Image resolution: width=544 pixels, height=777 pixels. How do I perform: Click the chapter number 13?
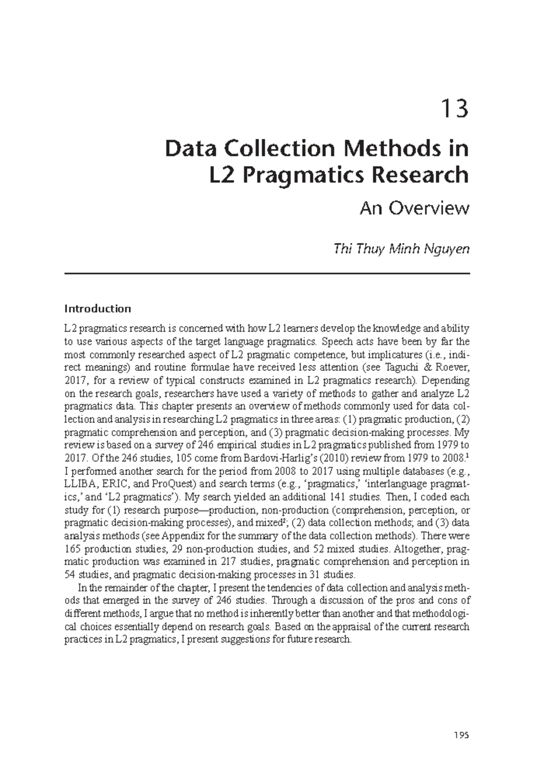point(455,110)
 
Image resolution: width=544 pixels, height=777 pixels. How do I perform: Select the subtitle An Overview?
point(413,209)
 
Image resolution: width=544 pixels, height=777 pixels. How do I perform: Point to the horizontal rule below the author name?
point(267,273)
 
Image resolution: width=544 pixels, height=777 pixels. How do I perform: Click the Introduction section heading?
point(97,309)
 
